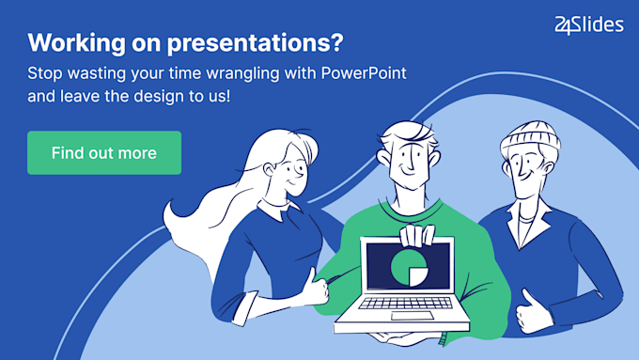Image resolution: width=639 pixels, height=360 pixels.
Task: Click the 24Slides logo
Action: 589,25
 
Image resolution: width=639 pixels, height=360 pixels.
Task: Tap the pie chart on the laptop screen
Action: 406,265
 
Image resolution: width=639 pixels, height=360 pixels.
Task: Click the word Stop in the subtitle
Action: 43,71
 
